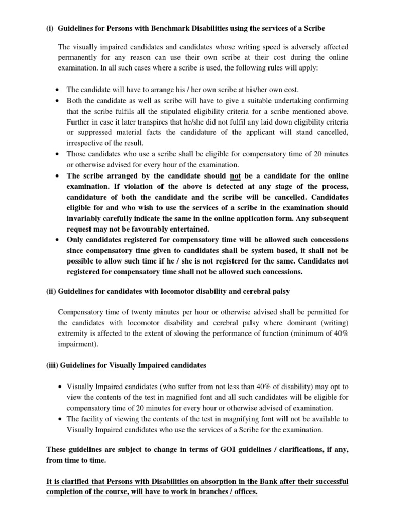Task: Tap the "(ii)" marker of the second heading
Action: (x=51, y=291)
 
